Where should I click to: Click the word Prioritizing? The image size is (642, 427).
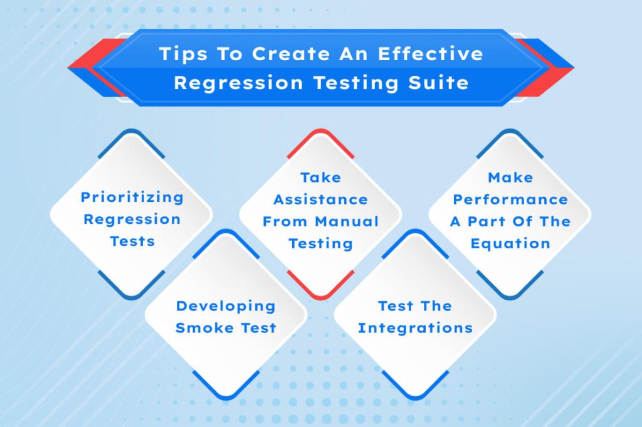pos(132,198)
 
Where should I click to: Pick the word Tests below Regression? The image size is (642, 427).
pos(132,241)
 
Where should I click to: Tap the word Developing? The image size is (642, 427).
pos(226,306)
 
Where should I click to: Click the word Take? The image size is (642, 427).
pos(320,177)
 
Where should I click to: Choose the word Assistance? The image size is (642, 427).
pos(320,199)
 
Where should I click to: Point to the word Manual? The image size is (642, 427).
pos(347,221)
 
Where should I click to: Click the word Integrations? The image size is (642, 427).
pos(415,328)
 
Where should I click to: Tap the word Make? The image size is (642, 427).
pos(510,177)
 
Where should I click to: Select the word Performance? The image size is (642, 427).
pos(510,199)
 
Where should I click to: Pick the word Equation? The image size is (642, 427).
pos(510,243)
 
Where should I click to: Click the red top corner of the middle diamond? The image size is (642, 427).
pos(320,132)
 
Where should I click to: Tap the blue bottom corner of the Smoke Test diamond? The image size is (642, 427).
pos(226,396)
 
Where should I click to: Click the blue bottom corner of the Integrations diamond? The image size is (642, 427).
pos(415,396)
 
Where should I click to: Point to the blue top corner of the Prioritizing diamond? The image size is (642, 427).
pos(131,132)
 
